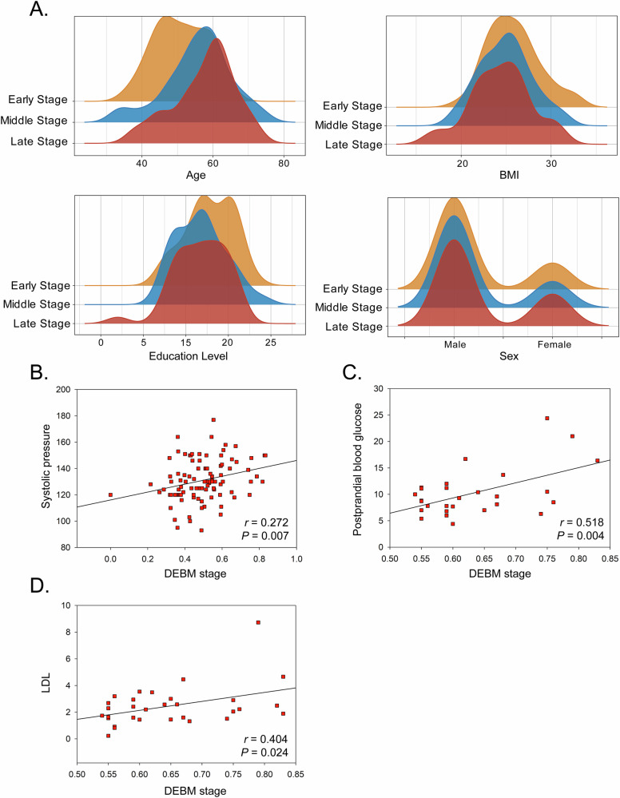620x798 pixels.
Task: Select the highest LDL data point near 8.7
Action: tap(258, 622)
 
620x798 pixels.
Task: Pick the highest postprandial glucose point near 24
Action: tap(547, 418)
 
